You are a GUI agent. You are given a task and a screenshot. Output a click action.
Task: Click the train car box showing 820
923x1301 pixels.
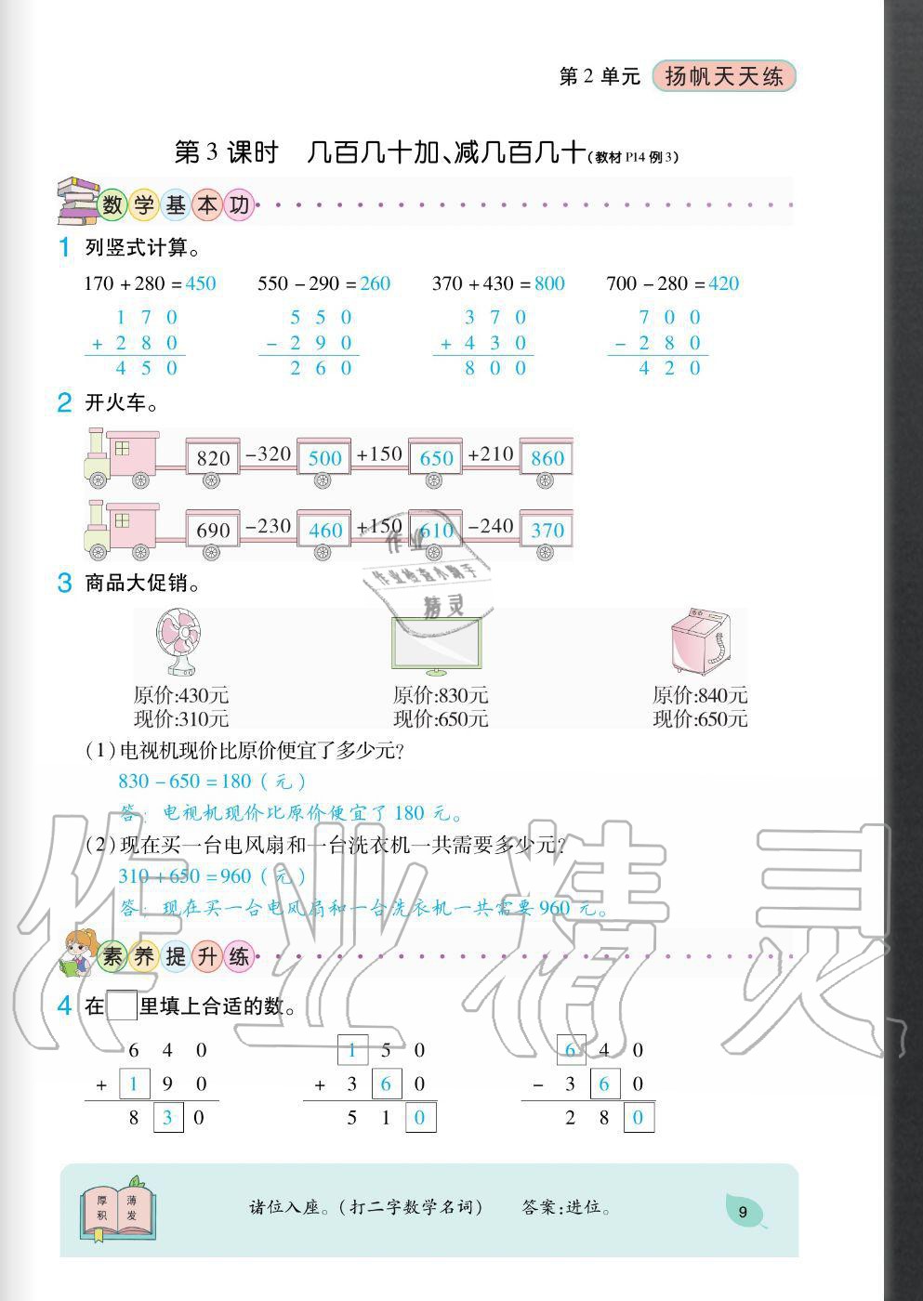pos(213,457)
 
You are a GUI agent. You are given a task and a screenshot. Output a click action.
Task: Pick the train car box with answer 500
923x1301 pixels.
pos(324,457)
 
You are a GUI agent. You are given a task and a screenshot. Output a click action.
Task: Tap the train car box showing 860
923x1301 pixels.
pos(547,457)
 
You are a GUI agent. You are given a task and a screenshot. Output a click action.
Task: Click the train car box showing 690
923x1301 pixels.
pos(213,530)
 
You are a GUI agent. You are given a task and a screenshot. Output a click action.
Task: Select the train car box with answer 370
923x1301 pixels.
pos(547,530)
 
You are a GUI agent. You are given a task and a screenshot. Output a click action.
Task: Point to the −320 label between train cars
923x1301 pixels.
pos(268,454)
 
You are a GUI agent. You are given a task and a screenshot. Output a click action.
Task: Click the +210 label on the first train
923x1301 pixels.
pos(491,454)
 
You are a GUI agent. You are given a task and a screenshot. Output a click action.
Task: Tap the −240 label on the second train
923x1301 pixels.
pos(491,526)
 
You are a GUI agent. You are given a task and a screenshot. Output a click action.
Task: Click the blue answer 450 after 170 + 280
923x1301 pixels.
pos(201,283)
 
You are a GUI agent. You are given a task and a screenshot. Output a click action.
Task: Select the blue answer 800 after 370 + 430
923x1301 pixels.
pos(549,283)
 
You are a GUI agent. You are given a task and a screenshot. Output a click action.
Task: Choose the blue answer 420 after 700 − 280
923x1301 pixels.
pos(724,283)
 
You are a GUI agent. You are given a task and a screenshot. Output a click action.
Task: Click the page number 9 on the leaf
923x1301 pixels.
pos(743,1212)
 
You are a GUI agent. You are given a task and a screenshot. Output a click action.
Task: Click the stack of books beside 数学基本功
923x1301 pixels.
pos(77,201)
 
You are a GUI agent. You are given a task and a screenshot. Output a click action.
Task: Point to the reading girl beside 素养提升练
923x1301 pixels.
pos(78,954)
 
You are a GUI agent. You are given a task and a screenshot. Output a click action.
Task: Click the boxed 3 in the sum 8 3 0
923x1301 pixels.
pos(167,1117)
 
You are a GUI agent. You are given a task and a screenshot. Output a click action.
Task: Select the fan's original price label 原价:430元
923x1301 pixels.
pos(181,695)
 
